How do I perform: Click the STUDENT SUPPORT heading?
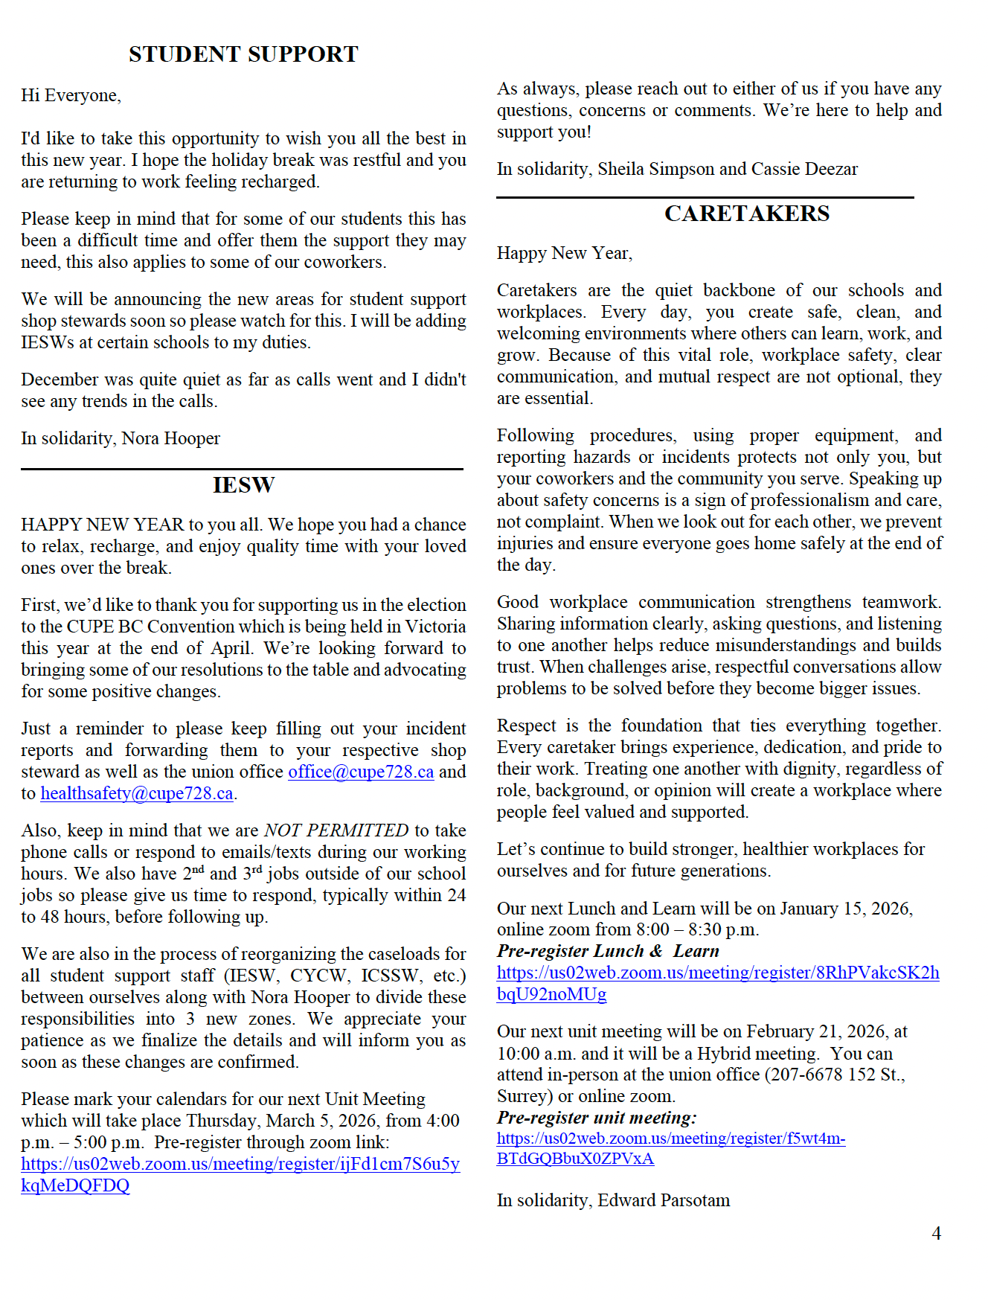(x=243, y=54)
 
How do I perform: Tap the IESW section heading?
(x=243, y=485)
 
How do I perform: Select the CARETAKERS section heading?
(x=746, y=214)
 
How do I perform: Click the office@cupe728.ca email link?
(x=361, y=772)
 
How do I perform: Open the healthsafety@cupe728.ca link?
(x=137, y=793)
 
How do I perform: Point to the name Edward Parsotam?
(x=664, y=1200)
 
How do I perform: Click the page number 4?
(x=936, y=1233)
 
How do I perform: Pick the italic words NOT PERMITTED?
(x=336, y=830)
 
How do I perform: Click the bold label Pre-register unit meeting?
(x=597, y=1118)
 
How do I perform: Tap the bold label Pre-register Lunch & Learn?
(x=608, y=951)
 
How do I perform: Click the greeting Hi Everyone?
(x=71, y=95)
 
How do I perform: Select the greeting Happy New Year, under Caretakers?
(x=565, y=253)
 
